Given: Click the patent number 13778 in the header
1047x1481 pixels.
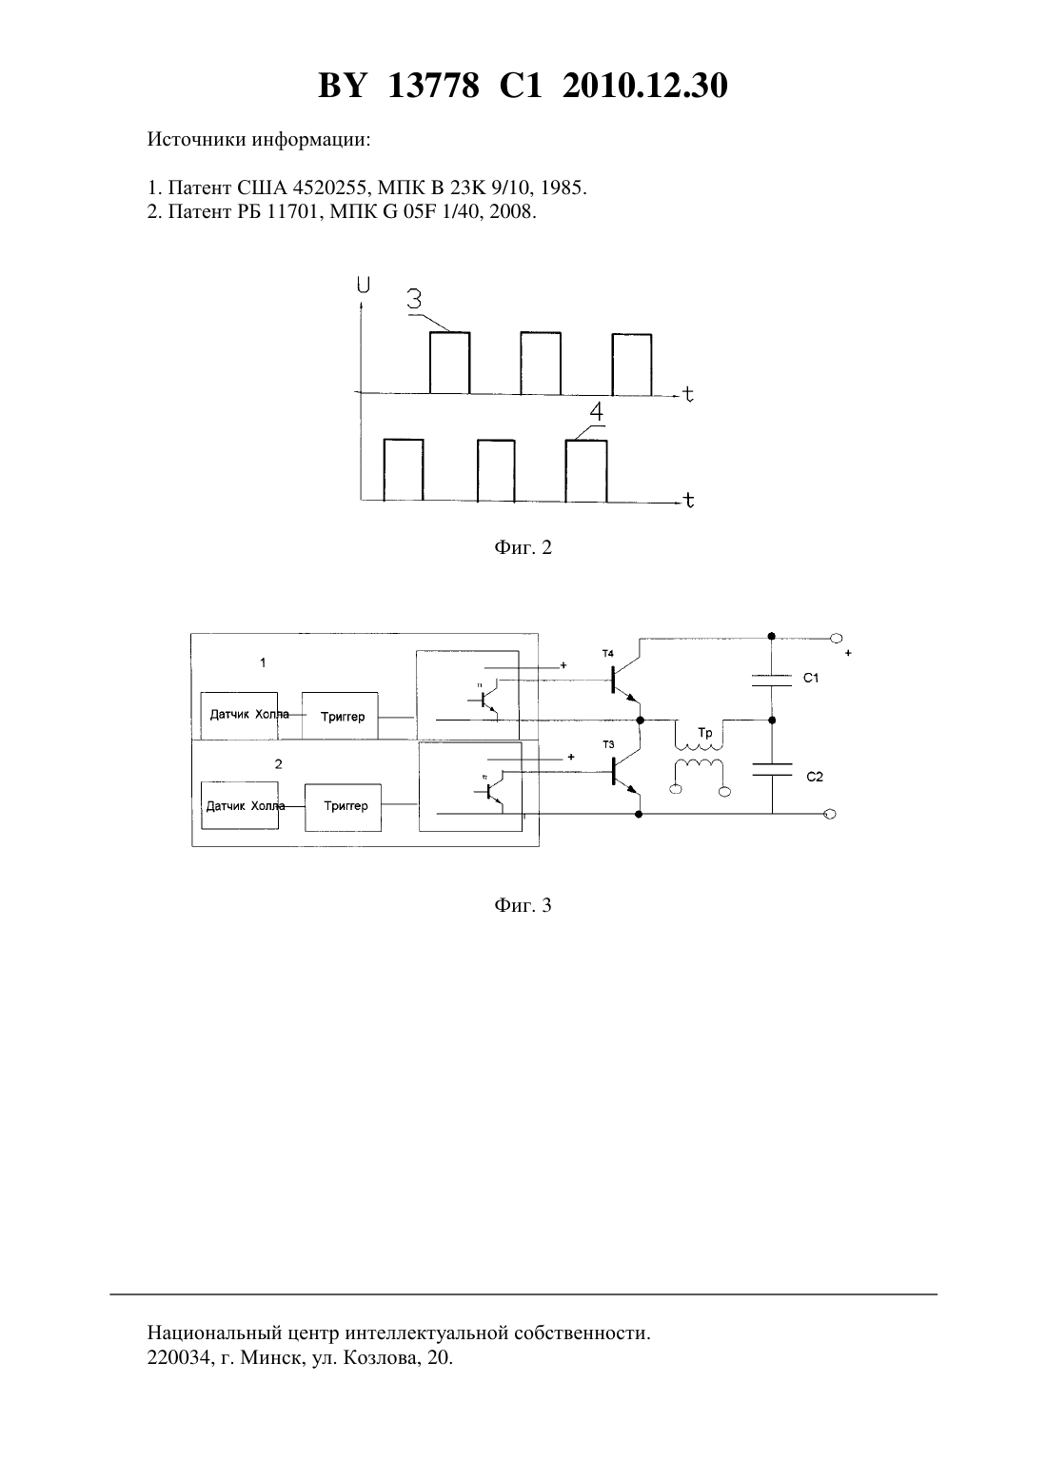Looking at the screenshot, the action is tap(433, 86).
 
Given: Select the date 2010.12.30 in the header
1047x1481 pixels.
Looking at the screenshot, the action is tap(645, 86).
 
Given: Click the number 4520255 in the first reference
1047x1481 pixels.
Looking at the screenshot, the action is tap(329, 188).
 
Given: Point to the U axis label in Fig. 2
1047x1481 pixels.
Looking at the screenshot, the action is tap(363, 285).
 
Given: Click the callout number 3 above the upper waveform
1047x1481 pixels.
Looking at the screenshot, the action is tap(414, 300).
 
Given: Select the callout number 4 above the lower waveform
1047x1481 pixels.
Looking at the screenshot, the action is tap(596, 412).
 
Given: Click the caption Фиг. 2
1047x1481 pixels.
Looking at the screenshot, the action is tap(523, 547).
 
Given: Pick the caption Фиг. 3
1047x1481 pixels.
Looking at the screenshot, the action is tap(523, 905).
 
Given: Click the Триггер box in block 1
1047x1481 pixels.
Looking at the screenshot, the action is tap(340, 716).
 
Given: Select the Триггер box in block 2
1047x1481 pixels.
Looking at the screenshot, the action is tap(343, 807).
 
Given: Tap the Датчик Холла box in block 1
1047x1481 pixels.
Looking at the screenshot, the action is tap(239, 716).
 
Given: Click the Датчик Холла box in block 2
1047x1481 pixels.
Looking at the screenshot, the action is tap(240, 805).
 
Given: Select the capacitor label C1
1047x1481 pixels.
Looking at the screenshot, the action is tap(811, 678).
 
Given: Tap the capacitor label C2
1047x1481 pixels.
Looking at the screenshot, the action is tap(815, 777).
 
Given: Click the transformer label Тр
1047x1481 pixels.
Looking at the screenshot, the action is tap(704, 733).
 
